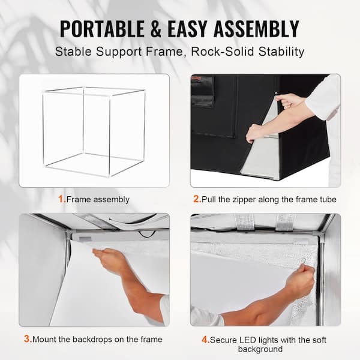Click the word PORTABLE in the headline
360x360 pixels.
[102, 29]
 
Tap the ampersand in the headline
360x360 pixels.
[156, 29]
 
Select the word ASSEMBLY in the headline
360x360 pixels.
[256, 29]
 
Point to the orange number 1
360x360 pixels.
[61, 199]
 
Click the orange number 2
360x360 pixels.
[197, 199]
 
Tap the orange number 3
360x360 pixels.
[27, 339]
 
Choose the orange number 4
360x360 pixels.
[205, 340]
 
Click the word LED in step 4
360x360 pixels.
[248, 340]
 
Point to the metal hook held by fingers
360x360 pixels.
[303, 261]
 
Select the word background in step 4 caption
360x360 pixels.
[260, 349]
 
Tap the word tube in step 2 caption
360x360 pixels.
[328, 199]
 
